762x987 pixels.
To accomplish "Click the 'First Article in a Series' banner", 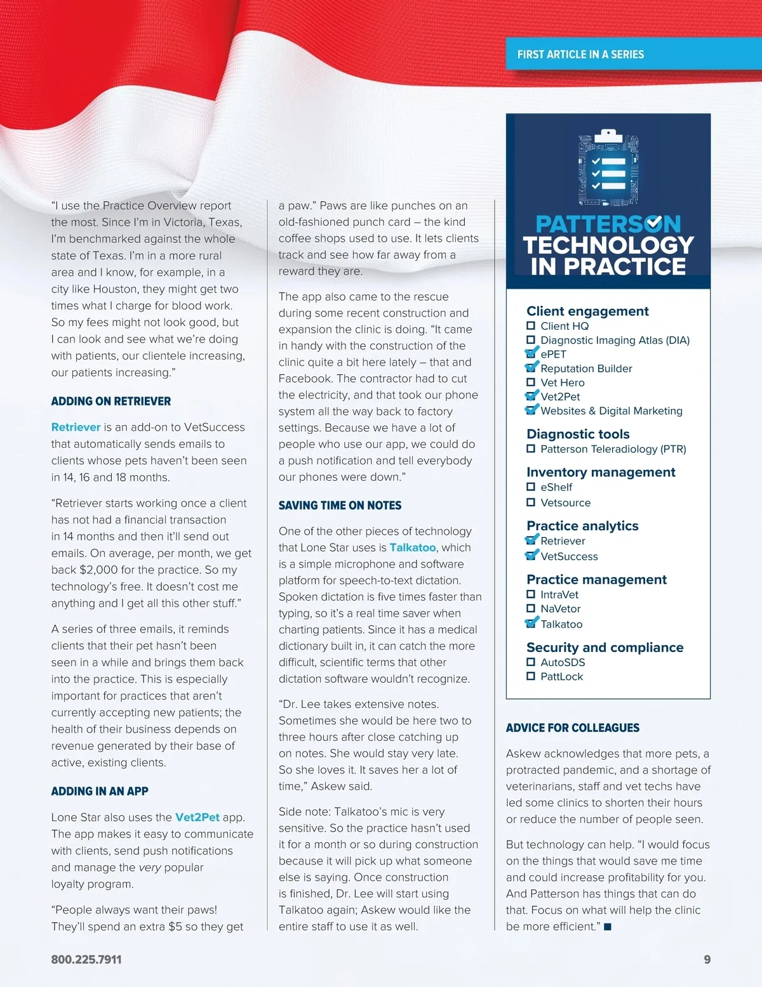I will (x=580, y=55).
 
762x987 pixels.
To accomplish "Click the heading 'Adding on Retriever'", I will (x=111, y=402).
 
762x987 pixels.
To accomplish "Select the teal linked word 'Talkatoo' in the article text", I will (x=413, y=547).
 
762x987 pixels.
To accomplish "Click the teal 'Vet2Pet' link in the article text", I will (x=197, y=818).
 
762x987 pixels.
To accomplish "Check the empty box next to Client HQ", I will (x=531, y=326).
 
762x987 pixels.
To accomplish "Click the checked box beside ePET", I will (x=531, y=353).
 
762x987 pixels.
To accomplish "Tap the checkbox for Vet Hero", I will (x=531, y=382).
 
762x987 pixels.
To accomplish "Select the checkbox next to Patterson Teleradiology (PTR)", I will (x=531, y=449).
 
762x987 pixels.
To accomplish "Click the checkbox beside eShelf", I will (x=531, y=487).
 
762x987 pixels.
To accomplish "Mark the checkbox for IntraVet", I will (x=531, y=594).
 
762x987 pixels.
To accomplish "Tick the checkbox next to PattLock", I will (x=531, y=676).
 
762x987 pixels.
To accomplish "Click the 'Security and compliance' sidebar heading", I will (x=605, y=648).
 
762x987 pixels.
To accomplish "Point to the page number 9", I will (x=707, y=960).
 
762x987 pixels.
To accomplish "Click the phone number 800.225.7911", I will (x=86, y=960).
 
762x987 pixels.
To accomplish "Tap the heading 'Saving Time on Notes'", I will (x=340, y=506).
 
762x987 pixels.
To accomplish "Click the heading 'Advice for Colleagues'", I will (x=572, y=728).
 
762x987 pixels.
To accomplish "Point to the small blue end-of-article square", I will (x=608, y=927).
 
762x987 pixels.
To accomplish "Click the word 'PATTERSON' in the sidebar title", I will (x=608, y=224).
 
